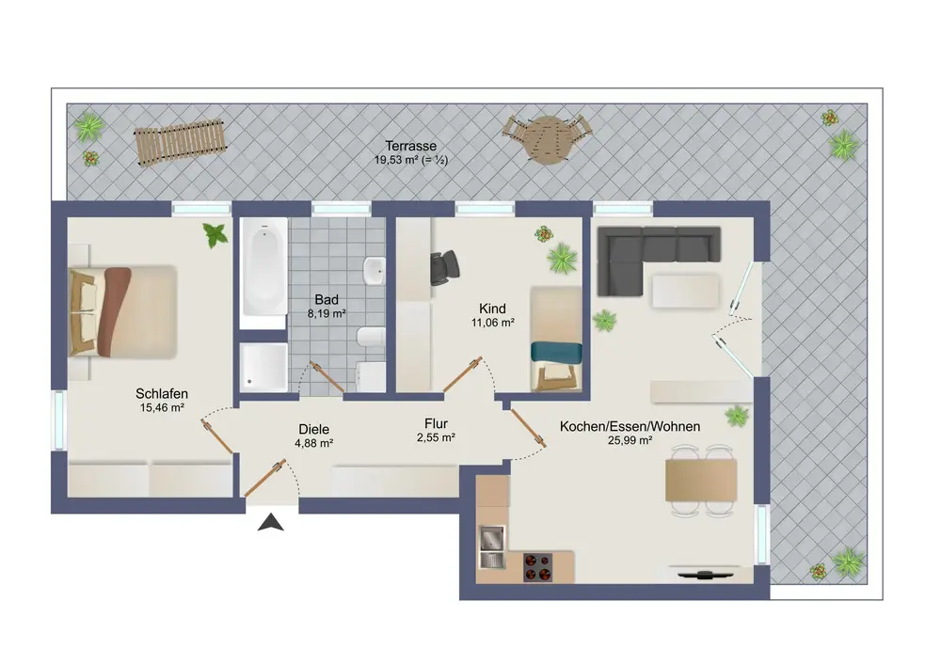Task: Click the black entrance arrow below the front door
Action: [271, 523]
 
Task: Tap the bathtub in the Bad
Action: [263, 273]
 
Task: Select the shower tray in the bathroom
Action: [263, 368]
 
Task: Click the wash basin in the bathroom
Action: [375, 271]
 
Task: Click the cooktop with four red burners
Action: [537, 567]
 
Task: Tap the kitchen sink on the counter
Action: [492, 547]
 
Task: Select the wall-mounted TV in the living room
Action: [705, 575]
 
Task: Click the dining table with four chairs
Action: [701, 480]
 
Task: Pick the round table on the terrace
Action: [547, 140]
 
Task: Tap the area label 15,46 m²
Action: [162, 408]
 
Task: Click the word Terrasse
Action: [411, 146]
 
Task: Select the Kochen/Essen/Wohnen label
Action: [630, 426]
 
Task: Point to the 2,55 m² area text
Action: [436, 437]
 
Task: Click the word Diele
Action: [314, 429]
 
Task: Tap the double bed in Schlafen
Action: [123, 312]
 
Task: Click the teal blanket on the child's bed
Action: [556, 352]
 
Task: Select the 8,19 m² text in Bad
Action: [327, 313]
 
